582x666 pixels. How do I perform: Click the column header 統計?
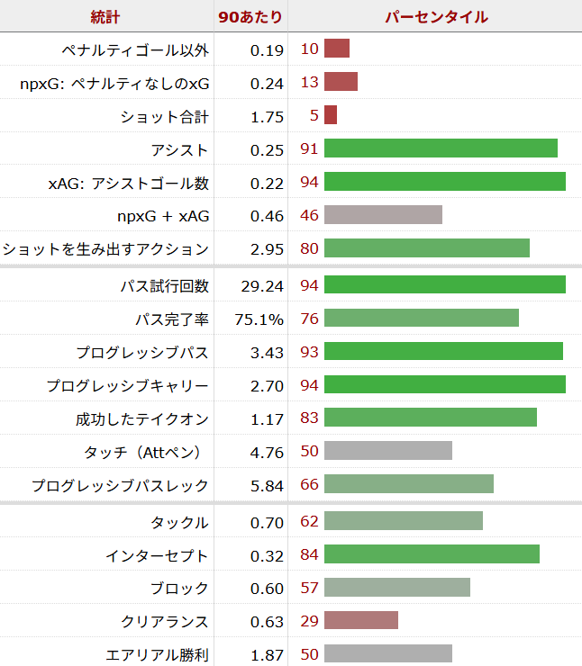coord(105,17)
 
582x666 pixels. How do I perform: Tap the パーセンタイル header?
coord(436,17)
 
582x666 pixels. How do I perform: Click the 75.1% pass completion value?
coord(262,319)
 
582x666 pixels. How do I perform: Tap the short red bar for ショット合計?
coord(330,115)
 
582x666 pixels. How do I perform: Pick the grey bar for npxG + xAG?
coord(383,214)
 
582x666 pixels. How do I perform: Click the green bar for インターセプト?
coord(432,554)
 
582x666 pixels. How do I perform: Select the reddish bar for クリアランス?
coord(360,621)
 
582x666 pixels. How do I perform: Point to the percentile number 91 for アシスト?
coord(309,150)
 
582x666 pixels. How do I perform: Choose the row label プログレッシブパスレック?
coord(120,486)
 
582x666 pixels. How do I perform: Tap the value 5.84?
coord(268,486)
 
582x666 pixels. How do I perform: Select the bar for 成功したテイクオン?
coord(430,418)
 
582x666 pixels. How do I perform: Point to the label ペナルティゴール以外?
coord(135,49)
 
